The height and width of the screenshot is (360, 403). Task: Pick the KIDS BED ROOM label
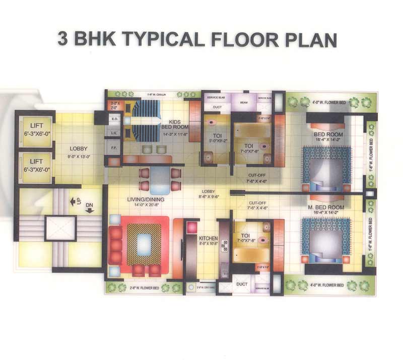pos(175,124)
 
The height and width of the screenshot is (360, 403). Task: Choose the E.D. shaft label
pos(114,119)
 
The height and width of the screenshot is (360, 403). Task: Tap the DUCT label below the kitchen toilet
pos(242,284)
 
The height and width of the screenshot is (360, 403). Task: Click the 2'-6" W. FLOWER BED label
pos(145,287)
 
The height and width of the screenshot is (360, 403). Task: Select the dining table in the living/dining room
pos(160,179)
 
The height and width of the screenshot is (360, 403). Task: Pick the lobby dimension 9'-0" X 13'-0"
pos(79,156)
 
